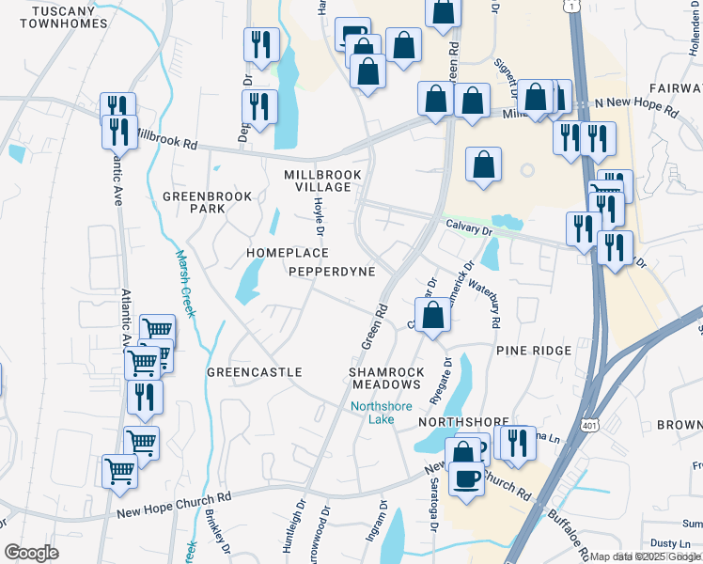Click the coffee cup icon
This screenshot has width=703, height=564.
click(466, 480)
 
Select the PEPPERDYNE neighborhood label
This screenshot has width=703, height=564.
click(332, 272)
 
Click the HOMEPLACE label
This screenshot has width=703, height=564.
click(288, 254)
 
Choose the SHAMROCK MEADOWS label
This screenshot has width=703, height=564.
click(383, 378)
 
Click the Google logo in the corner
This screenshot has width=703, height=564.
click(31, 553)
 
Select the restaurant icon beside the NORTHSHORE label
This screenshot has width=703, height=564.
click(514, 445)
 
